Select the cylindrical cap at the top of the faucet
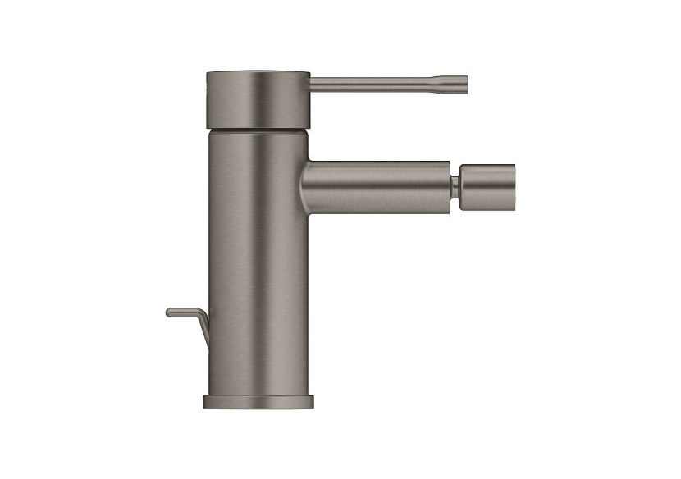tap(257, 98)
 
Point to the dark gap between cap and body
tap(257, 129)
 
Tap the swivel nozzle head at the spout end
tap(487, 181)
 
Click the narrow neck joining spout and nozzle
tap(454, 181)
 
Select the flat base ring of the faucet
tap(258, 402)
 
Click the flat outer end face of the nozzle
tap(514, 181)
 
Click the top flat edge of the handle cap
tap(257, 73)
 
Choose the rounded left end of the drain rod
tap(168, 312)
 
